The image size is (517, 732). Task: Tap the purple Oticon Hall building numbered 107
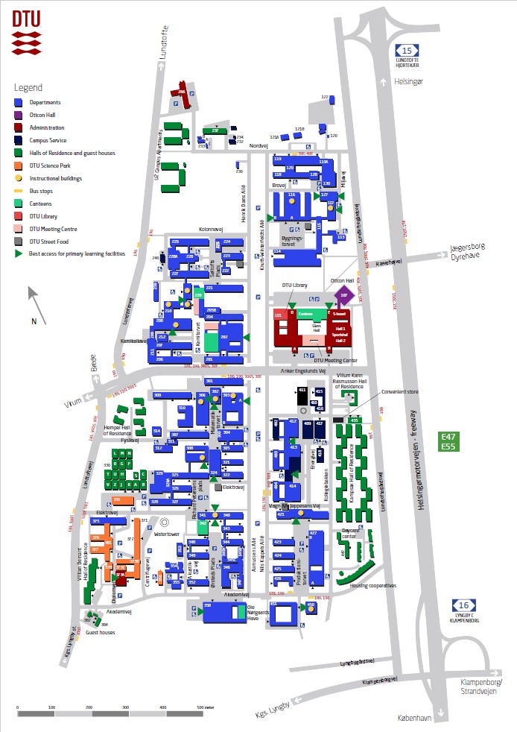(x=344, y=296)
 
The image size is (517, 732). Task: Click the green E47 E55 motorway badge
(x=448, y=441)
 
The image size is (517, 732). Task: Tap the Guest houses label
(x=101, y=632)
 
